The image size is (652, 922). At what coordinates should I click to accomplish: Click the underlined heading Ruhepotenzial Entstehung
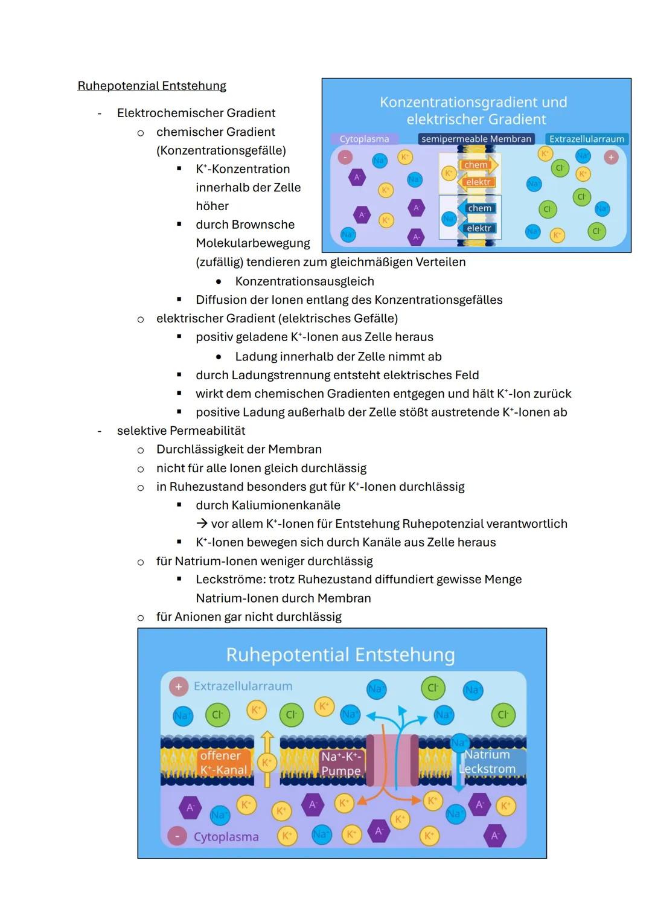(x=152, y=86)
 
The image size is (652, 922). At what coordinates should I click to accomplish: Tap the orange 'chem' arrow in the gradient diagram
(x=477, y=165)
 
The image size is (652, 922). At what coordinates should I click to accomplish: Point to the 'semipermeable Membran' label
(x=476, y=139)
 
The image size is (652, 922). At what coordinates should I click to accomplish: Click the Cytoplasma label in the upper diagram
(x=364, y=139)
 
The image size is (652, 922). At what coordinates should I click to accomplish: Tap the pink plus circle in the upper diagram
(x=611, y=157)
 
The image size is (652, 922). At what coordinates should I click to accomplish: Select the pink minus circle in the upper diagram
(x=345, y=157)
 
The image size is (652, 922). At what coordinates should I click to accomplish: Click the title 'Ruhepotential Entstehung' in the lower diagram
(x=340, y=655)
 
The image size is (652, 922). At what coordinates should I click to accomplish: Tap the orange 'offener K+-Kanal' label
(x=223, y=763)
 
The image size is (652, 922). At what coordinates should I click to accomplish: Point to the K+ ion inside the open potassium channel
(x=265, y=763)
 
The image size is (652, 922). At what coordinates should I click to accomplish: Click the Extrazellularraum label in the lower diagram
(x=243, y=686)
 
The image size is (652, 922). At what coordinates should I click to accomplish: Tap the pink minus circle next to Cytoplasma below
(x=177, y=837)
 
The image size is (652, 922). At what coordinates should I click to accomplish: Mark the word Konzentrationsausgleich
(x=304, y=281)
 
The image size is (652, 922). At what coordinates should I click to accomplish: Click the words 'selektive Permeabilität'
(x=181, y=431)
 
